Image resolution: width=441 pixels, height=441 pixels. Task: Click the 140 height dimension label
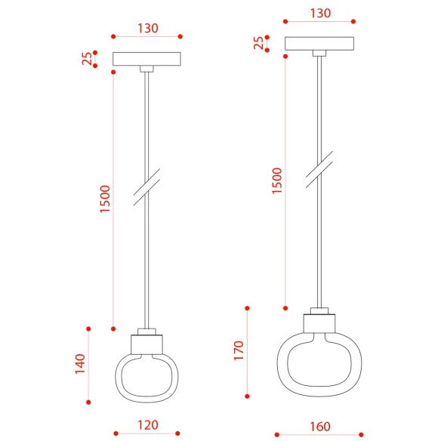click(80, 364)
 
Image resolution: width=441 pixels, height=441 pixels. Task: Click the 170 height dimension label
click(239, 350)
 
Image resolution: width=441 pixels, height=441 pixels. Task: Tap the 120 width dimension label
click(148, 425)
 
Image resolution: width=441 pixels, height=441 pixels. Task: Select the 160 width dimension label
click(320, 427)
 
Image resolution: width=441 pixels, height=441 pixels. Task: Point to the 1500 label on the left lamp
click(105, 199)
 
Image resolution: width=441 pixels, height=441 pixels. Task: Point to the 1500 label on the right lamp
click(277, 180)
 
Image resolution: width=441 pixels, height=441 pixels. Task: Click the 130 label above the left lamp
click(148, 28)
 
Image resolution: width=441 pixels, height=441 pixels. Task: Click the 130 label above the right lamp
click(320, 13)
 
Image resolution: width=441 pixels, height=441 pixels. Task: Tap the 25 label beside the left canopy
click(87, 58)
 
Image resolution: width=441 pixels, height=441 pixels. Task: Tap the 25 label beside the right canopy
click(259, 43)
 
